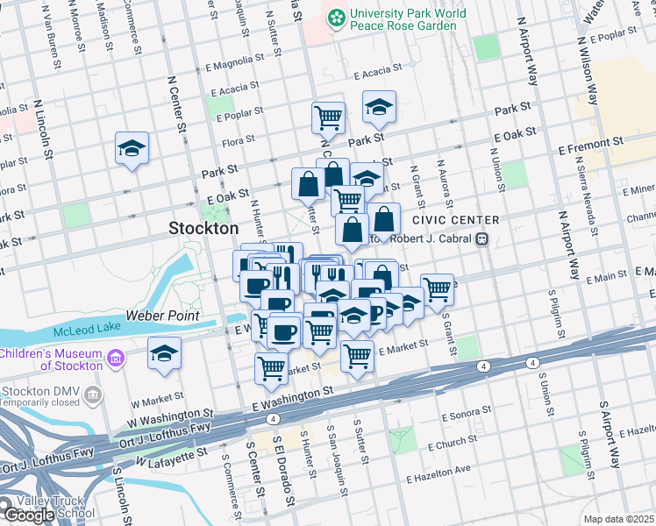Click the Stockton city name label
click(203, 228)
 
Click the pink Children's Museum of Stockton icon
click(114, 358)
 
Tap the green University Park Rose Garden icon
click(336, 18)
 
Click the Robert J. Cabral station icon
click(481, 238)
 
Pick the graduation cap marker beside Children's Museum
click(164, 352)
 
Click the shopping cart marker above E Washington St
click(272, 367)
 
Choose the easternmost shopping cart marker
click(437, 288)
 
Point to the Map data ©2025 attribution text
click(618, 519)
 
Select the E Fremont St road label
click(589, 141)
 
